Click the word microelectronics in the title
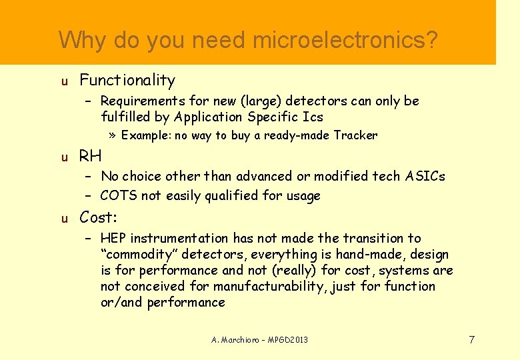point(345,40)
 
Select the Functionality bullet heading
point(127,81)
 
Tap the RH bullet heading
point(91,157)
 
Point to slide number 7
point(471,340)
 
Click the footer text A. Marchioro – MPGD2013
point(259,340)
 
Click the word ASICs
point(425,176)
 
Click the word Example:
point(146,135)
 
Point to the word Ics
point(313,117)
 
